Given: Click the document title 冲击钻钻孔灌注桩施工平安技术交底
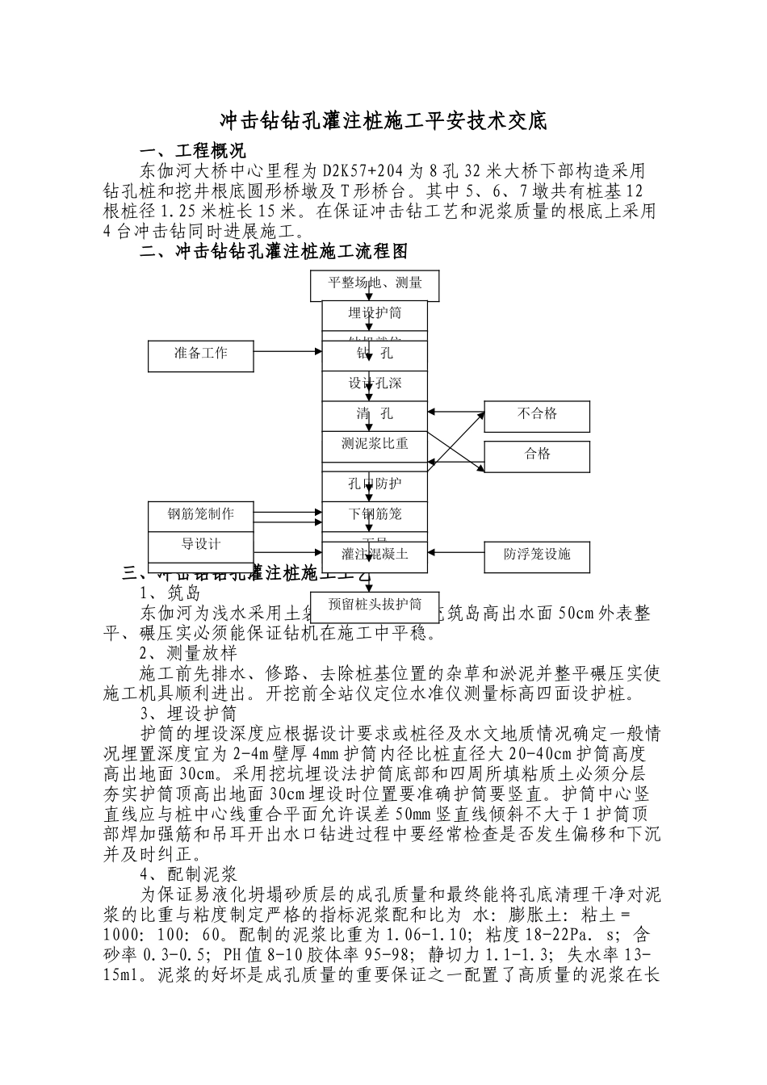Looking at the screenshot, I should tap(383, 121).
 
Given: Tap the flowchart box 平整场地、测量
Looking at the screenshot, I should tap(375, 284).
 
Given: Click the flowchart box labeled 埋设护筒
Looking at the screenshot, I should tap(375, 313).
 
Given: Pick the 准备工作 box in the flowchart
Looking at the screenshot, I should tap(201, 354).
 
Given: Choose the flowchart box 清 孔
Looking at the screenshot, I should tap(375, 415).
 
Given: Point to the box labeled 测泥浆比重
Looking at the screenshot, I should tap(375, 445).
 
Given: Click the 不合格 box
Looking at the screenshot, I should tap(537, 416).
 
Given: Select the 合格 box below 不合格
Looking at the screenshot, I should tap(537, 455).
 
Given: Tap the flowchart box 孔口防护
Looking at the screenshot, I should tap(375, 485).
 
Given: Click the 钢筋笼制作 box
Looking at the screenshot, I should tap(201, 515).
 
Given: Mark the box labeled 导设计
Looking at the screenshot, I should tap(201, 544).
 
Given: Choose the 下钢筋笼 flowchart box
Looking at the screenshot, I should tap(375, 515).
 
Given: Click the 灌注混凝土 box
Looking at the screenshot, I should tap(375, 555).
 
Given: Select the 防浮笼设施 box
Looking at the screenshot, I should tap(537, 555).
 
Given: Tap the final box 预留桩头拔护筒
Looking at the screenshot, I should tap(375, 605).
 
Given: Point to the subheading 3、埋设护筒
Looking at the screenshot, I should tap(188, 714).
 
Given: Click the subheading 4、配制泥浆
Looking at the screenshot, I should tap(188, 874).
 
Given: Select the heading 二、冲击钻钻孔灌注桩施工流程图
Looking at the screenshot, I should tap(274, 252).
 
